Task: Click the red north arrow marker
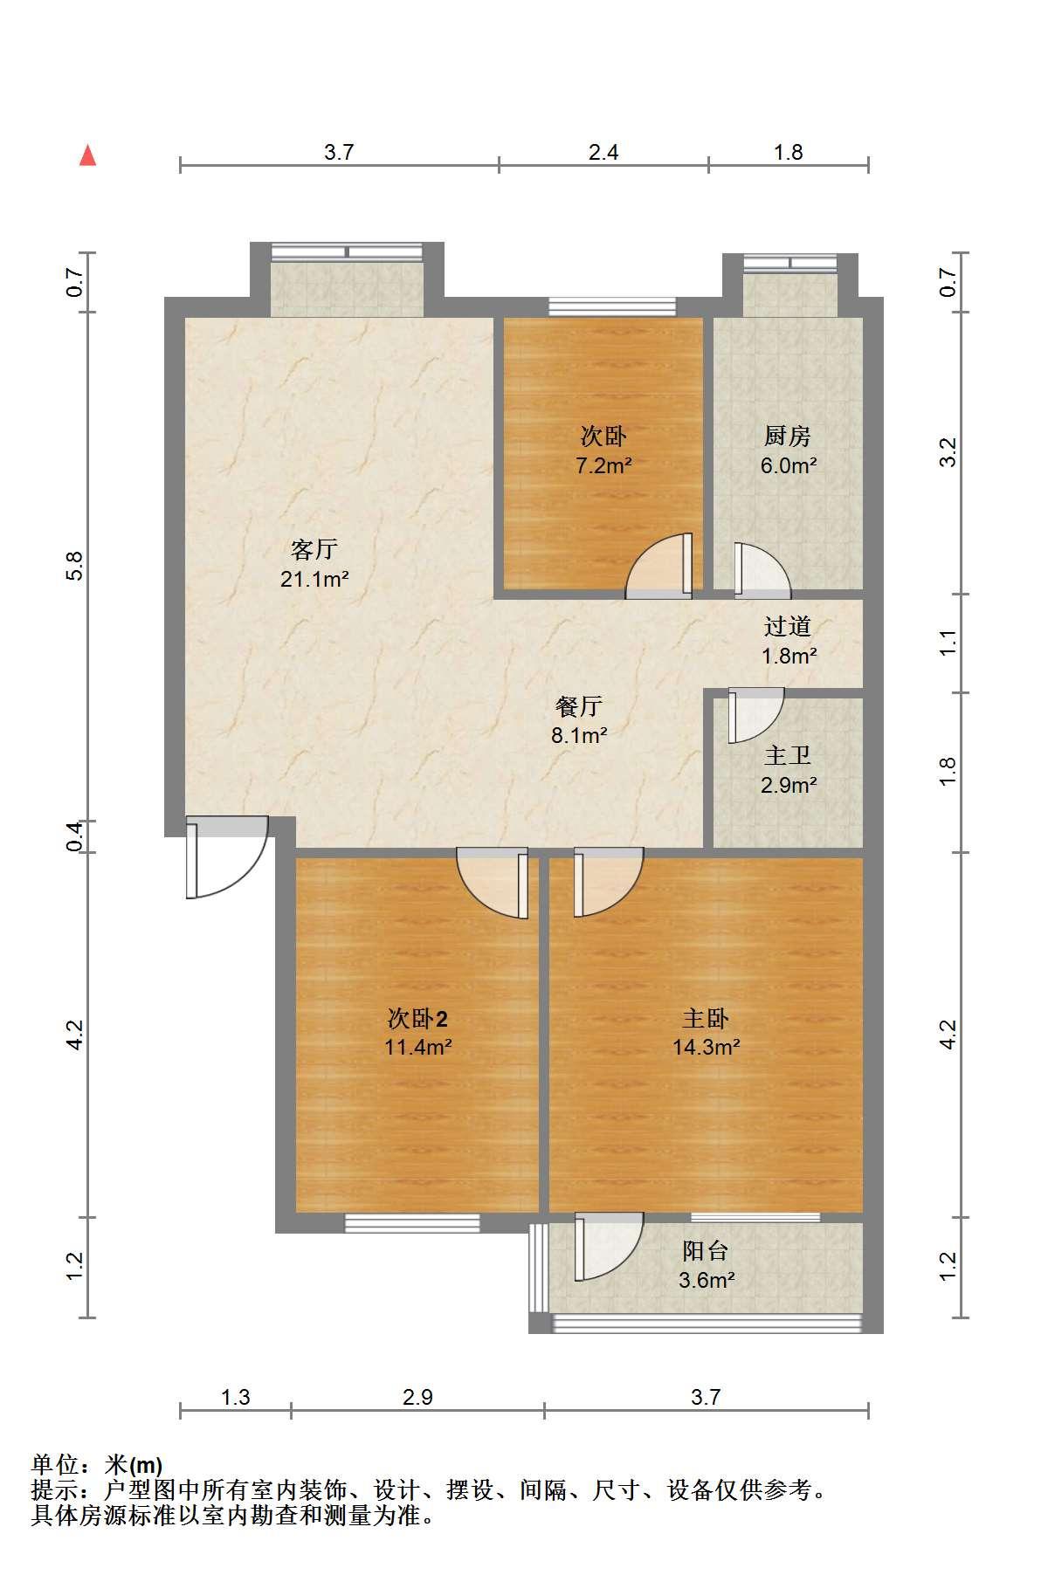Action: (x=87, y=155)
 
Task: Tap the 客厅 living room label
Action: (x=314, y=549)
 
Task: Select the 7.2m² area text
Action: (x=603, y=465)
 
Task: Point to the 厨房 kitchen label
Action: (x=788, y=436)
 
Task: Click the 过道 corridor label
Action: (x=788, y=626)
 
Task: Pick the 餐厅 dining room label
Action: (x=579, y=705)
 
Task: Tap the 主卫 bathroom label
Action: (x=788, y=755)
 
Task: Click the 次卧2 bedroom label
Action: (x=418, y=1018)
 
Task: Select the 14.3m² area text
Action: (x=707, y=1047)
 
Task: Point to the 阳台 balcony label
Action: (x=706, y=1251)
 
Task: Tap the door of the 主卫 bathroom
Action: (x=756, y=715)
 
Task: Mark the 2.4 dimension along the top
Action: (x=603, y=153)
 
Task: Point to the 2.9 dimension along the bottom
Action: (x=417, y=1398)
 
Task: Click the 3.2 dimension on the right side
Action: (x=948, y=451)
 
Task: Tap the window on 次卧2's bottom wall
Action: (x=412, y=1223)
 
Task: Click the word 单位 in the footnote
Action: (x=55, y=1465)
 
